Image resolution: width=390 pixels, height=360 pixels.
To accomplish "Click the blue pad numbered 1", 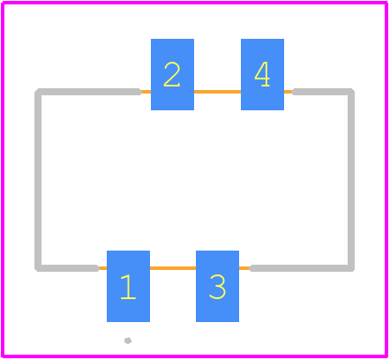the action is coord(128,286).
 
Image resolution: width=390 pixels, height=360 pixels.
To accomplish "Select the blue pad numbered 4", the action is coord(262,74).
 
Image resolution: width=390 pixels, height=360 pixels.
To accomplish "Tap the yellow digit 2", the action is coord(172,74).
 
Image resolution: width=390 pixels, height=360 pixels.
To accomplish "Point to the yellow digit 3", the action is coord(217,286).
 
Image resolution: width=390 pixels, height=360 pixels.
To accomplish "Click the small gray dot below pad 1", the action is coord(128,341).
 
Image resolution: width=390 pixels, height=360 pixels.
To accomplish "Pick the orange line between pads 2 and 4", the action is coord(217,92).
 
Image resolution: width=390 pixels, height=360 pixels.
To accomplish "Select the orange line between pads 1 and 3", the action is coord(173,268).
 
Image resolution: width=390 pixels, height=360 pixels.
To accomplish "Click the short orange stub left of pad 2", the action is coord(146,92).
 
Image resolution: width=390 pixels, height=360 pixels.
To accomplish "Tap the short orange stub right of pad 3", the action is coord(244,268).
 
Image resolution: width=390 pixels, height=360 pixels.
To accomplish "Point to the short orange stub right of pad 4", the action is coord(289,92).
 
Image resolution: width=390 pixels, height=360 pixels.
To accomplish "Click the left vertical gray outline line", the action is coord(38,180).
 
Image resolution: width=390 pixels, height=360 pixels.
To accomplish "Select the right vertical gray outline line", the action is coord(351,180).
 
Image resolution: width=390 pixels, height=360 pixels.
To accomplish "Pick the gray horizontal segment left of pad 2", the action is coord(88,92).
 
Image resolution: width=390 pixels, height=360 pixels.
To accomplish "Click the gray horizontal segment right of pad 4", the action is coord(323,92).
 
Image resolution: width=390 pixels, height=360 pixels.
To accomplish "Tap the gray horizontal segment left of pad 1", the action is coord(67,268).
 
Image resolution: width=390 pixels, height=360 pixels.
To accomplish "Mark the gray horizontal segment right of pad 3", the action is coord(302,268).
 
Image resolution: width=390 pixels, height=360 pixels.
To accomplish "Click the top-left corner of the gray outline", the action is coord(38,92).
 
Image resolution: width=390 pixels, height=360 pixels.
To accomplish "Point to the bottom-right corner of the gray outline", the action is coord(351,268).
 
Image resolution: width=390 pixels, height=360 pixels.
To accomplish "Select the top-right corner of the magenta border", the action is coord(386,3).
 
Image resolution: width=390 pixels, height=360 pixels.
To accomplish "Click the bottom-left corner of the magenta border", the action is coord(3,356).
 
